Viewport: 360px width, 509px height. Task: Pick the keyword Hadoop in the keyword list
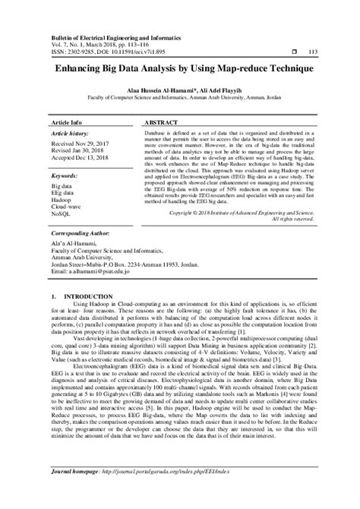pyautogui.click(x=63, y=199)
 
